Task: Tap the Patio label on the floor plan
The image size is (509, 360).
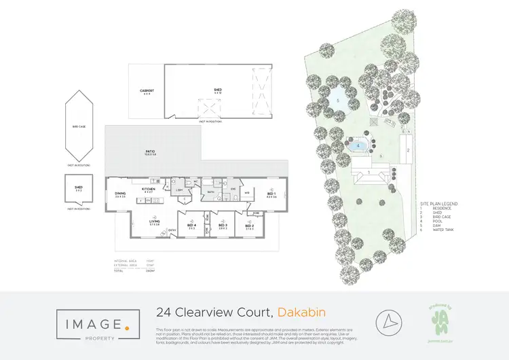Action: (151, 152)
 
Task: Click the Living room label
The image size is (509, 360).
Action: (154, 222)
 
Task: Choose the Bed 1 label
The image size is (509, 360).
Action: (271, 194)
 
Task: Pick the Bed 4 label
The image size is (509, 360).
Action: (191, 226)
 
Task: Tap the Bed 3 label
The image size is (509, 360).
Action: (222, 226)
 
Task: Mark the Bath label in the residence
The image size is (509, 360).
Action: (211, 192)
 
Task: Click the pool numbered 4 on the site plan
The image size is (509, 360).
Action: (358, 145)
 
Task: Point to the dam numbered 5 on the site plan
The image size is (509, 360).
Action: (337, 101)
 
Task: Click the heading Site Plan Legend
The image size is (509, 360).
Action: (439, 203)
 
